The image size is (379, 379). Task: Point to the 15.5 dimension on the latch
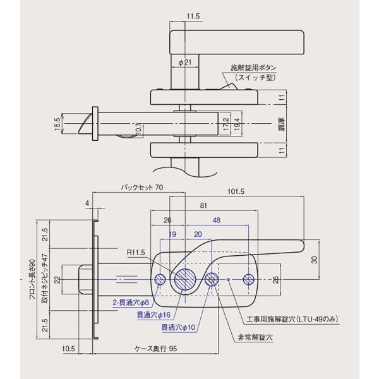pyautogui.click(x=58, y=124)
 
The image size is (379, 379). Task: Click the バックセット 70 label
pyautogui.click(x=141, y=188)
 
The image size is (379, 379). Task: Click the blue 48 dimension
pyautogui.click(x=216, y=221)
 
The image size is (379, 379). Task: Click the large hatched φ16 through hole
pyautogui.click(x=186, y=279)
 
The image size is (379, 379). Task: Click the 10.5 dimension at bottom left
pyautogui.click(x=70, y=348)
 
